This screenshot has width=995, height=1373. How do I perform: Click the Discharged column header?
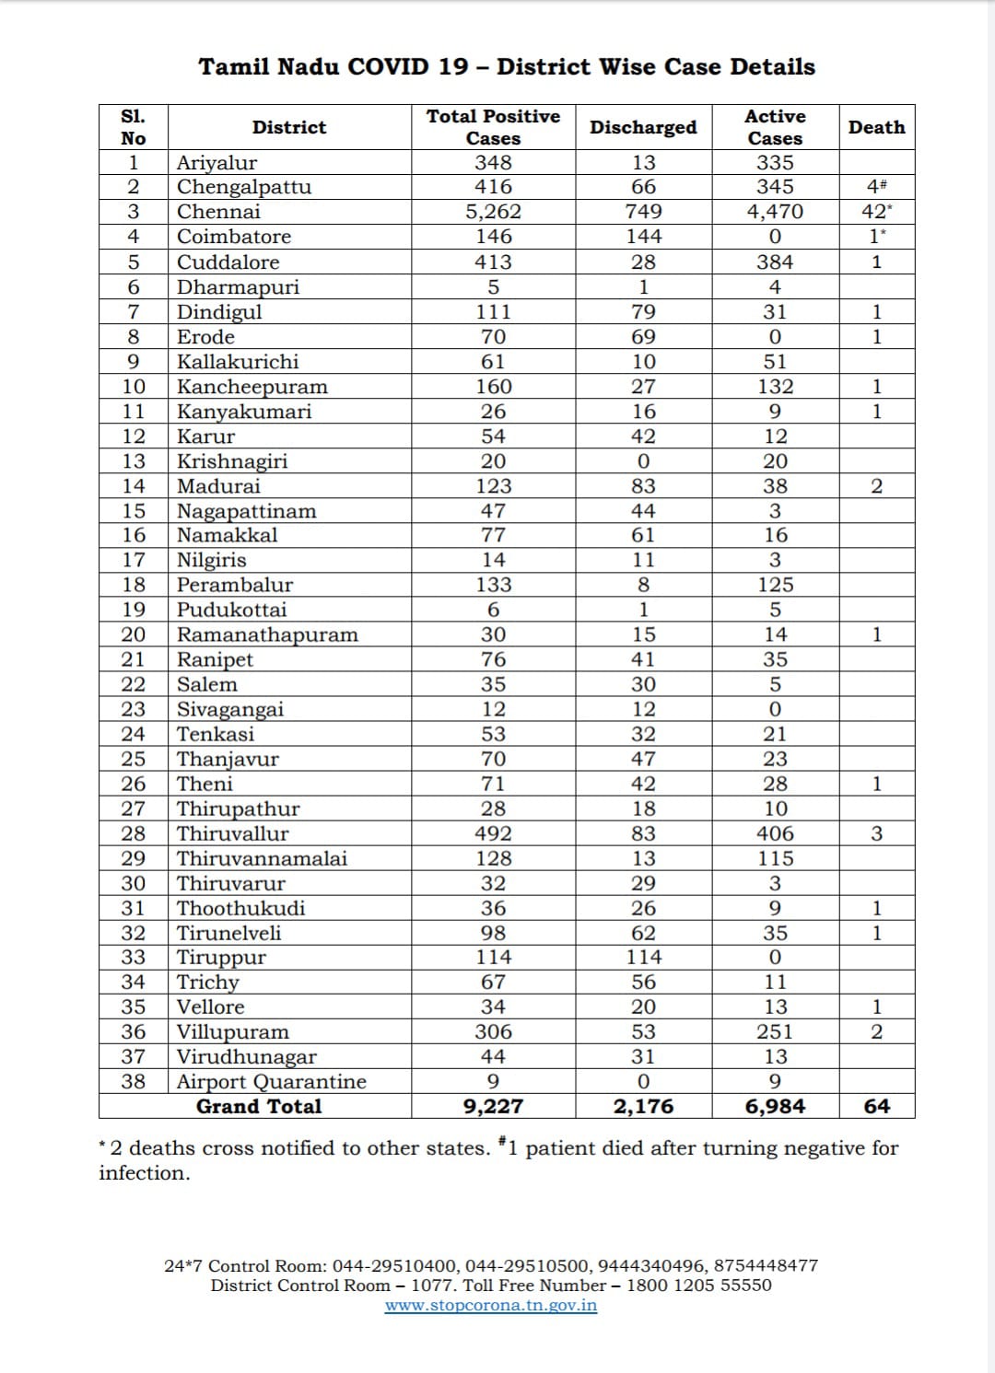click(x=643, y=127)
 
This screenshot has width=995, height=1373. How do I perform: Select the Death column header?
click(x=876, y=127)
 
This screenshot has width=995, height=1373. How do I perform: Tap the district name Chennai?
click(x=218, y=212)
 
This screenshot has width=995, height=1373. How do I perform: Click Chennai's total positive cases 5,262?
click(x=493, y=212)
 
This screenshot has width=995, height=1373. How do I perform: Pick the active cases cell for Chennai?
click(x=775, y=212)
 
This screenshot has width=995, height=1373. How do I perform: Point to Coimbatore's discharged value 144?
click(x=643, y=237)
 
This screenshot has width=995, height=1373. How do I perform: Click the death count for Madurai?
click(x=876, y=486)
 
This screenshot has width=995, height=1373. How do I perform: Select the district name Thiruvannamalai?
click(x=262, y=858)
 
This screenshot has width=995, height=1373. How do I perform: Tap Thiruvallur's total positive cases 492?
click(x=493, y=833)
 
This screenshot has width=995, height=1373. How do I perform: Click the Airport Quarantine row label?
click(x=271, y=1081)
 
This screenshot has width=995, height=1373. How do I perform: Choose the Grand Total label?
click(x=259, y=1106)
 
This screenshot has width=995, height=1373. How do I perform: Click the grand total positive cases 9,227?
click(x=493, y=1106)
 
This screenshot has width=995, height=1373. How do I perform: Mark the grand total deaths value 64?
click(x=876, y=1106)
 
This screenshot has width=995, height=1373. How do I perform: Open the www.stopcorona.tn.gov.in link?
click(x=490, y=1305)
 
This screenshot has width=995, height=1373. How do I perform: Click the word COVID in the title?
click(x=388, y=67)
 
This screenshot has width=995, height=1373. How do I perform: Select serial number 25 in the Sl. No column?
click(x=134, y=759)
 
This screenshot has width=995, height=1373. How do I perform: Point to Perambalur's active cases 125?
click(x=775, y=585)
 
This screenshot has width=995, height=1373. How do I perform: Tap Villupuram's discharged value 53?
click(x=643, y=1031)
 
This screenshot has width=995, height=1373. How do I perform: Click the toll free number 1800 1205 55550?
click(x=699, y=1285)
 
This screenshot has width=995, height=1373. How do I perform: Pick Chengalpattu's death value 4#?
click(x=876, y=187)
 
